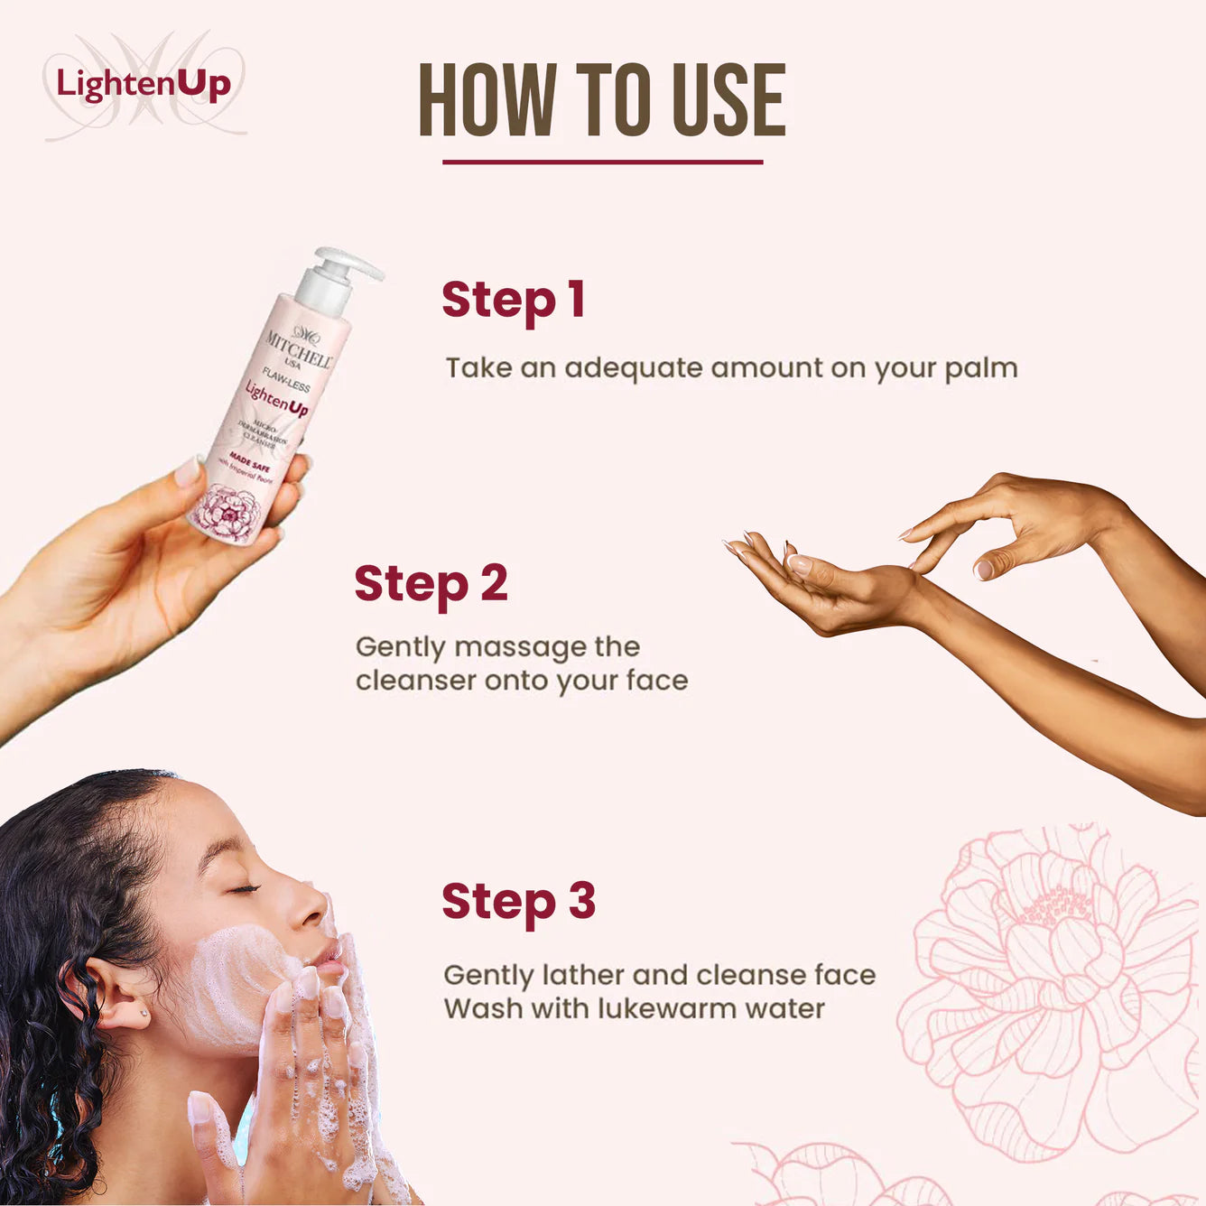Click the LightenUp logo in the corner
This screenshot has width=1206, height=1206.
click(144, 85)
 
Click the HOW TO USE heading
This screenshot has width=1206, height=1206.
click(602, 100)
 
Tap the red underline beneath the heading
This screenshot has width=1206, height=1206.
click(602, 162)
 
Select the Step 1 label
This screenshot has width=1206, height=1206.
click(513, 300)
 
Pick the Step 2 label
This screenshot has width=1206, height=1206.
click(431, 583)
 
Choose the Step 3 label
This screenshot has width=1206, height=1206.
click(518, 901)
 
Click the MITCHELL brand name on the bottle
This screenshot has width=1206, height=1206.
click(299, 348)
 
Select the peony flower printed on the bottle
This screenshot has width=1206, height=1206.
click(226, 513)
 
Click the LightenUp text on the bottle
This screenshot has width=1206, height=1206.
click(276, 399)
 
